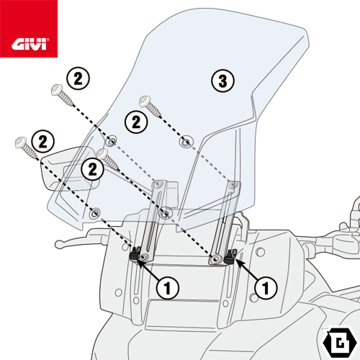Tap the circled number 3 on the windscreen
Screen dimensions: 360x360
click(223, 81)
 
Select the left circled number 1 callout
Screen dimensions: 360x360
click(167, 288)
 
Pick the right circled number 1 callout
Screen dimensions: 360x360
click(266, 289)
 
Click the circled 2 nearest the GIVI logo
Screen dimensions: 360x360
click(78, 77)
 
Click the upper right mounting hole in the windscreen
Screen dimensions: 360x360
click(186, 140)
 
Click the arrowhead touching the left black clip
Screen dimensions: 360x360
click(140, 261)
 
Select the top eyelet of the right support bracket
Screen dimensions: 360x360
click(232, 186)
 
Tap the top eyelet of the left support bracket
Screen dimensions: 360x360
click(157, 184)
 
